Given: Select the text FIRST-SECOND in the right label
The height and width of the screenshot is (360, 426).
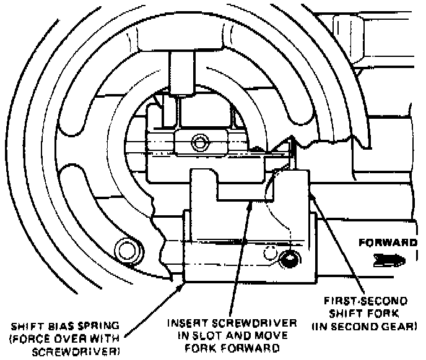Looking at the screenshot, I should (x=369, y=301).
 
